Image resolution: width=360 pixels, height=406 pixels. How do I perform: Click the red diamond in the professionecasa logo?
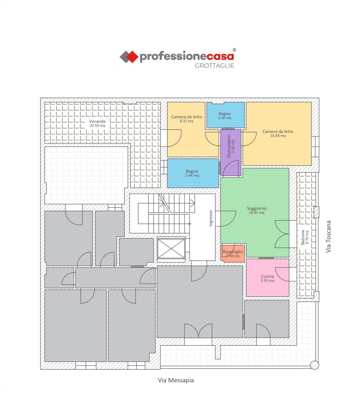pos(132,57)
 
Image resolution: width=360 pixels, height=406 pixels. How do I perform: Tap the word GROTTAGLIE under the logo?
pos(214,66)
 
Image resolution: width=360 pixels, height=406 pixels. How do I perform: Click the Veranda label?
pos(98,121)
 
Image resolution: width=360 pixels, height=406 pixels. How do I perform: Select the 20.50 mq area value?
pos(98,126)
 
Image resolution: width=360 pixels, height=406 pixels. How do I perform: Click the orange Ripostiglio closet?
pos(233,254)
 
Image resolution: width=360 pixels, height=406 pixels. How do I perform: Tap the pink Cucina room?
pos(267,278)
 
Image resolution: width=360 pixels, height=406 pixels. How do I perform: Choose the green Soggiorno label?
pos(257,208)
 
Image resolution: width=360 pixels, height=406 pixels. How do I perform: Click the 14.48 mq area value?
pos(278,136)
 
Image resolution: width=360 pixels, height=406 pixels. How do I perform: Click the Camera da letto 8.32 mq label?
pos(187,119)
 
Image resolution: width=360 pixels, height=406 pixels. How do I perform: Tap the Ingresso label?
pos(211,218)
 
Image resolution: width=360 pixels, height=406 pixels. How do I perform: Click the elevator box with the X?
pos(171,249)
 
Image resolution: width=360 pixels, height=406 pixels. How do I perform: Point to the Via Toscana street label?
pos(329,237)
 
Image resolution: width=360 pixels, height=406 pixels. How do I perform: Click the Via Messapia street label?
pos(176,380)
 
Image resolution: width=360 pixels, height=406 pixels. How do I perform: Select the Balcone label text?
pos(303,237)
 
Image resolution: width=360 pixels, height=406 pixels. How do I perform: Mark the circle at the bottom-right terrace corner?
pos(315,365)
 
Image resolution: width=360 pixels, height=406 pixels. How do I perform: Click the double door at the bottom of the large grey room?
pos(198,331)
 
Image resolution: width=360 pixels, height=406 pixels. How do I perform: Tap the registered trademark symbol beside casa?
pos(234,50)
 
